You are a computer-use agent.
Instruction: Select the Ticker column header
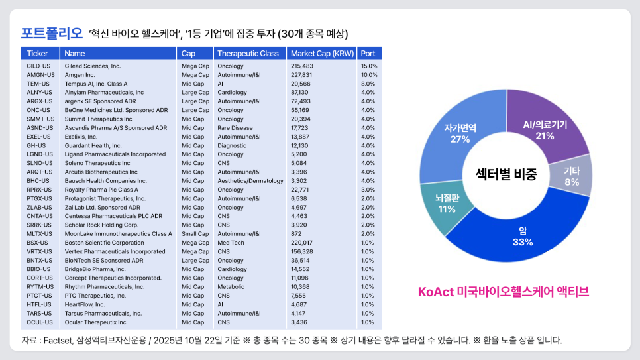[37, 53]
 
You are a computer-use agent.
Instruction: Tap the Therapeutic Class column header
[248, 53]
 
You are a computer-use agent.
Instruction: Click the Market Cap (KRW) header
[322, 53]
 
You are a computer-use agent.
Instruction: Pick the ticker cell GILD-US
[38, 66]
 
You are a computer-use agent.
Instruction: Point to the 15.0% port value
[369, 66]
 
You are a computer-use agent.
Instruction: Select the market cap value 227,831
[302, 75]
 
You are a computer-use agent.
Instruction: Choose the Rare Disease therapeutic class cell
[235, 128]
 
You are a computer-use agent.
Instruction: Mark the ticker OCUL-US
[39, 322]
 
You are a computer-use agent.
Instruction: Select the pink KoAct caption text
[504, 292]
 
